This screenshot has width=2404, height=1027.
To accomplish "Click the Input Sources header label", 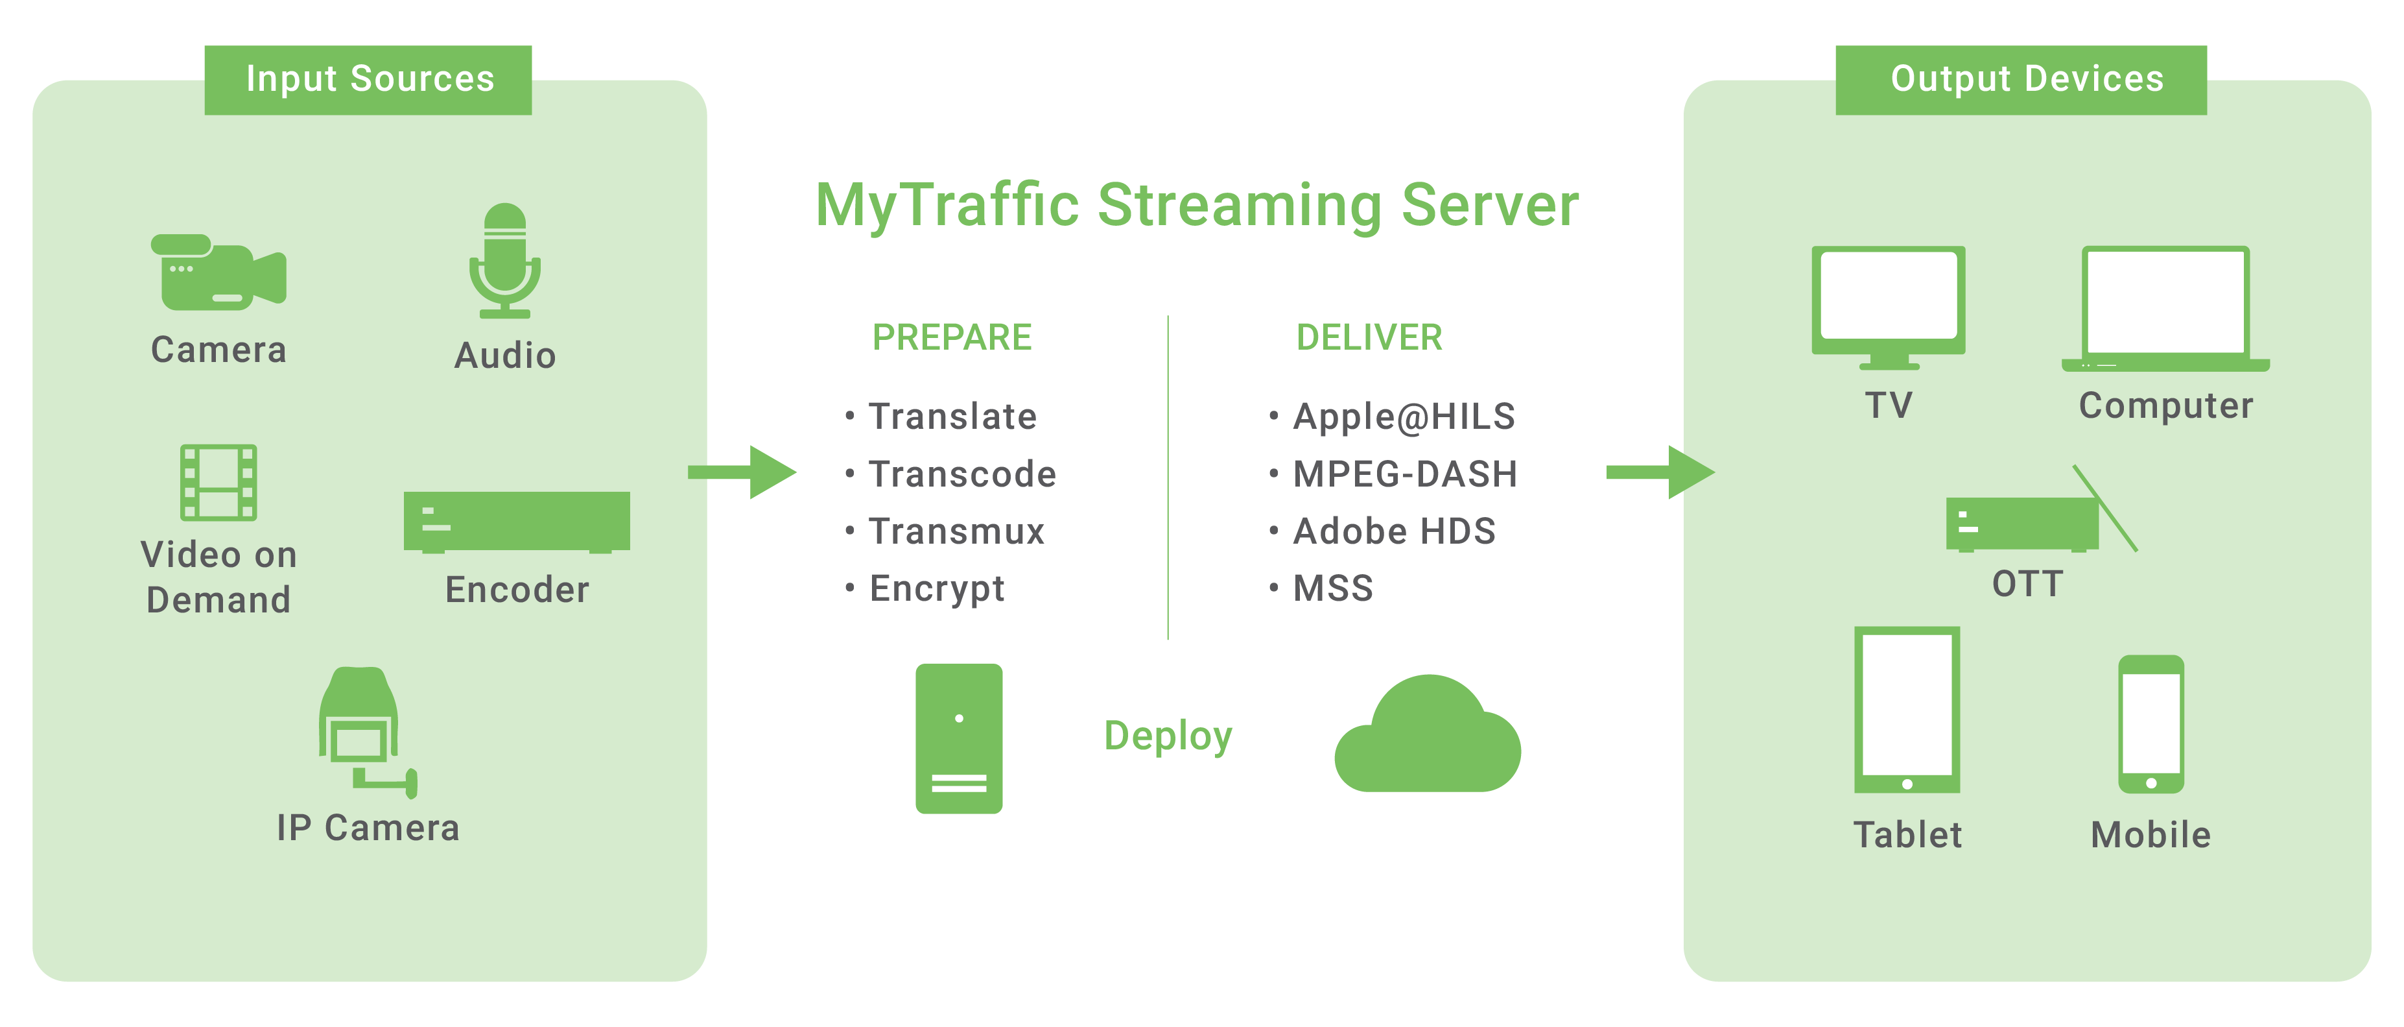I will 370,79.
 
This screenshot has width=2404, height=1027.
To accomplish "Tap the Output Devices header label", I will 2026,79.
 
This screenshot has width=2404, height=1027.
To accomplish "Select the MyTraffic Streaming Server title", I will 1196,206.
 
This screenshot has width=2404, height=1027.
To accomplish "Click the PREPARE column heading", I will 952,337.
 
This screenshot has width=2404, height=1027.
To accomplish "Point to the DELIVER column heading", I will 1369,337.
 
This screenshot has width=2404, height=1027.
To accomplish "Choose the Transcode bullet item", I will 961,474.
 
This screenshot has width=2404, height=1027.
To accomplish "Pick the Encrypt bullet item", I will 936,588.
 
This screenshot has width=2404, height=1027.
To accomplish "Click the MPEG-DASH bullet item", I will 1404,474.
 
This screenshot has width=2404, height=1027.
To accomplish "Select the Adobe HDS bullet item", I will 1393,531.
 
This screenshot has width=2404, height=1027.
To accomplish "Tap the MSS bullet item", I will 1333,588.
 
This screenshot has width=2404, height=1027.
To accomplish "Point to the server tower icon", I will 958,738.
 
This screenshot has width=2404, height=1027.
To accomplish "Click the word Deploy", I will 1168,736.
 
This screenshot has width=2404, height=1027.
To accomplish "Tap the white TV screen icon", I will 1888,295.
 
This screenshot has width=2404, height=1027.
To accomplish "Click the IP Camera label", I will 368,828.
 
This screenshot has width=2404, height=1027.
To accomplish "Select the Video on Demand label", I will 218,577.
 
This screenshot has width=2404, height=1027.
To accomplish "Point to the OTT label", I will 2027,585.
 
